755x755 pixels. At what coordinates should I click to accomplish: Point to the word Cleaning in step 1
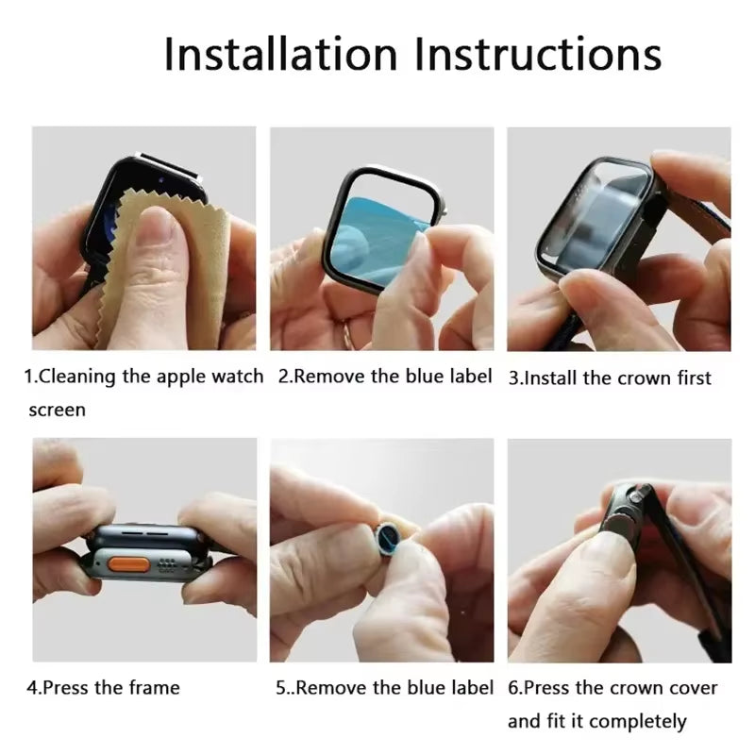coord(76,377)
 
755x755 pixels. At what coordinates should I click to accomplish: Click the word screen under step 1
coord(57,410)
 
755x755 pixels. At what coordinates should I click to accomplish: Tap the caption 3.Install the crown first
coord(610,377)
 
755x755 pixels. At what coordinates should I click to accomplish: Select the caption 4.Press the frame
coord(103,687)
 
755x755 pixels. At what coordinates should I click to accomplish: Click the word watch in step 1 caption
coord(238,377)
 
